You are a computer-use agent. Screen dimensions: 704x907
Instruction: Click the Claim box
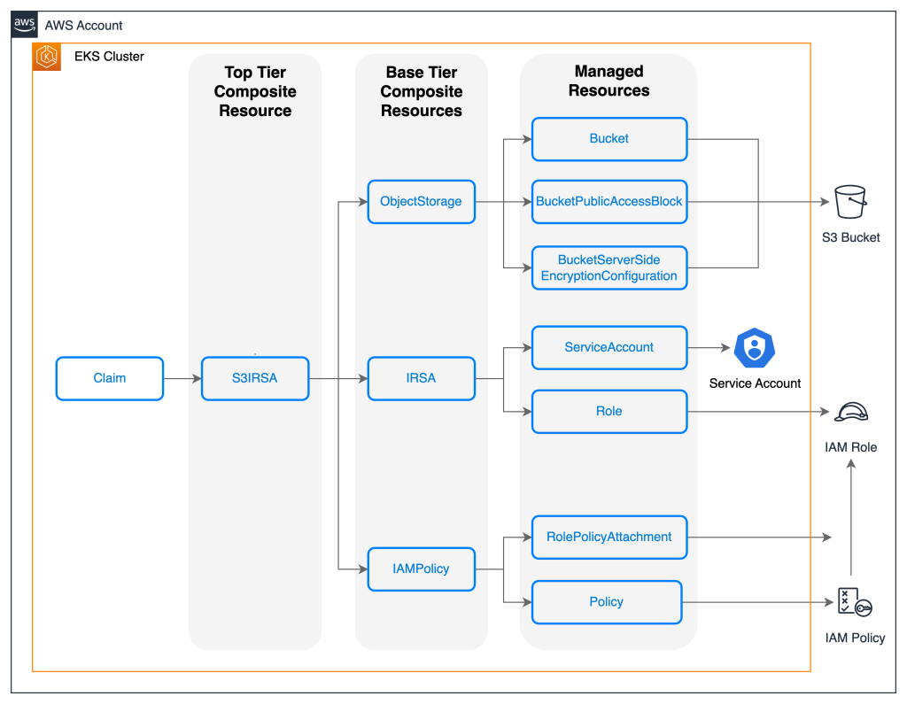[x=110, y=378]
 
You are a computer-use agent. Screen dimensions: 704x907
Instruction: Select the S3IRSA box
[x=255, y=378]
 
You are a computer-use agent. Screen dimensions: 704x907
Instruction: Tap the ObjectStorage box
[x=421, y=201]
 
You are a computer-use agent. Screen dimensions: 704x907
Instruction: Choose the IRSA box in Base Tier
[x=421, y=378]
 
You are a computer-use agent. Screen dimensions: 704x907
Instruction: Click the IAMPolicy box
[x=421, y=569]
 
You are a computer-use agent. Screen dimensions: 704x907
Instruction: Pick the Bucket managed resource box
[x=609, y=139]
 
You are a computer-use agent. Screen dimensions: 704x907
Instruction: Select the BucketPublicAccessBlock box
[x=609, y=202]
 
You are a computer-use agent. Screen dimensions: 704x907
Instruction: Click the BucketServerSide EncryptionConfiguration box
[x=609, y=268]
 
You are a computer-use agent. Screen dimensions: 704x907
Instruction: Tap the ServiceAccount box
[x=609, y=347]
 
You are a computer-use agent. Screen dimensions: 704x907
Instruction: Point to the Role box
[x=609, y=412]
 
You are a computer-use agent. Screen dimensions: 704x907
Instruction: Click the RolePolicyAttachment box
[x=609, y=537]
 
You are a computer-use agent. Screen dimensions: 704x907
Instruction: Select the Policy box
[x=607, y=602]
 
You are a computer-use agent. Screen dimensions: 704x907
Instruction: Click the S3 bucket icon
[x=850, y=202]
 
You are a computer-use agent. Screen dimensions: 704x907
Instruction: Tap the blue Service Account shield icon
[x=755, y=347]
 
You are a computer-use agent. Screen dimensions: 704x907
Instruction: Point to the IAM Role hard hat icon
[x=850, y=412]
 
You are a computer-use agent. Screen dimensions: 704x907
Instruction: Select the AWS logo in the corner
[x=25, y=25]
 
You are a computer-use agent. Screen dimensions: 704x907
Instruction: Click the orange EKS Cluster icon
[x=47, y=57]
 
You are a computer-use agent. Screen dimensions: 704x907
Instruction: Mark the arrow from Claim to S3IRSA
[x=182, y=379]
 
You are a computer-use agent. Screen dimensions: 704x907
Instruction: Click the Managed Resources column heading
[x=609, y=81]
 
